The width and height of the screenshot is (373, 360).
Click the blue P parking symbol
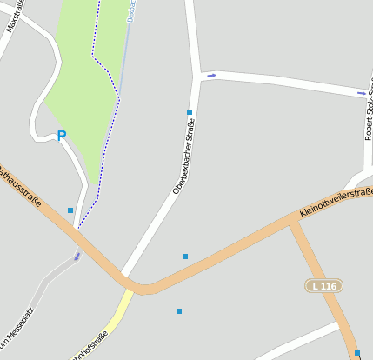point(61,136)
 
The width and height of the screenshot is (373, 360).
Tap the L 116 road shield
point(323,285)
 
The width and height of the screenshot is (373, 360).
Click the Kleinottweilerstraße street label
point(335,202)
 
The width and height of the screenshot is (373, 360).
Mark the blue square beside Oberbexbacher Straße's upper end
point(190,112)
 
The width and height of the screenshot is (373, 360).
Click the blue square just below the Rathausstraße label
point(70,210)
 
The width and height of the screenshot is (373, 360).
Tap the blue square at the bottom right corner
point(356,353)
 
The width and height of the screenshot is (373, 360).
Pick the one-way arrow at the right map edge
point(361,92)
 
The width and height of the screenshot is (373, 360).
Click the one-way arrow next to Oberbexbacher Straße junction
point(211,75)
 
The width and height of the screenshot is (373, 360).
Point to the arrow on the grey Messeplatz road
point(77,257)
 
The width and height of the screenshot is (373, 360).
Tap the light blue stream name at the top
point(131,10)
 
